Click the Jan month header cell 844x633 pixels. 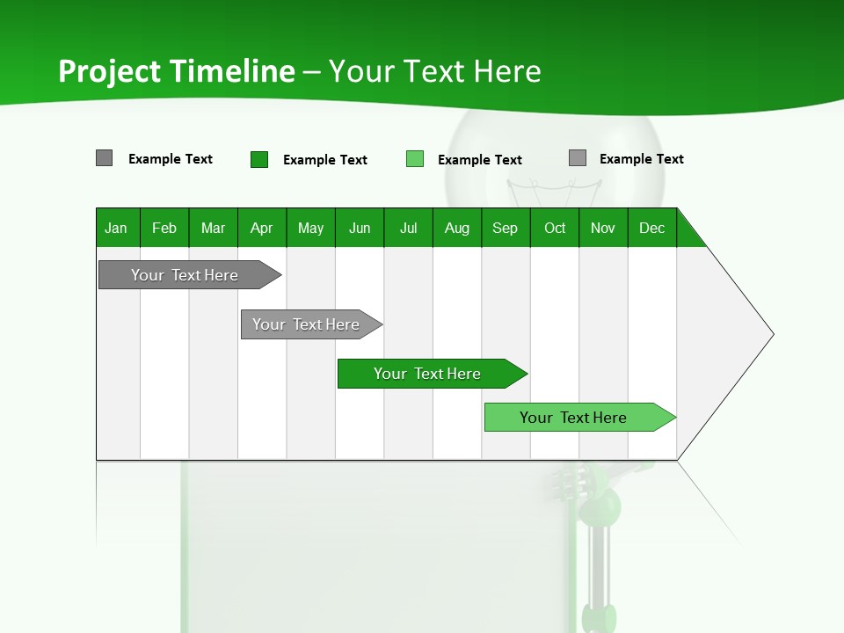(x=116, y=228)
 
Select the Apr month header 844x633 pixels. (x=261, y=228)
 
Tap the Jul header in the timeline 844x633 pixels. (x=408, y=228)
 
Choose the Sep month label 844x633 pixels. (x=505, y=228)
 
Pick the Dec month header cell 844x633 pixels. (x=651, y=228)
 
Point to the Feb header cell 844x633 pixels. (x=164, y=228)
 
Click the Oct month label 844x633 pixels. (x=555, y=228)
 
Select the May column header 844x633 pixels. (x=310, y=228)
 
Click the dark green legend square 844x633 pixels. (x=259, y=159)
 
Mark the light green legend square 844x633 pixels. (x=415, y=159)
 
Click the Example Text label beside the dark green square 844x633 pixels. (x=325, y=160)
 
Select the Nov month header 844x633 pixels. (x=603, y=228)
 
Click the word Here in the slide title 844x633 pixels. (x=507, y=71)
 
